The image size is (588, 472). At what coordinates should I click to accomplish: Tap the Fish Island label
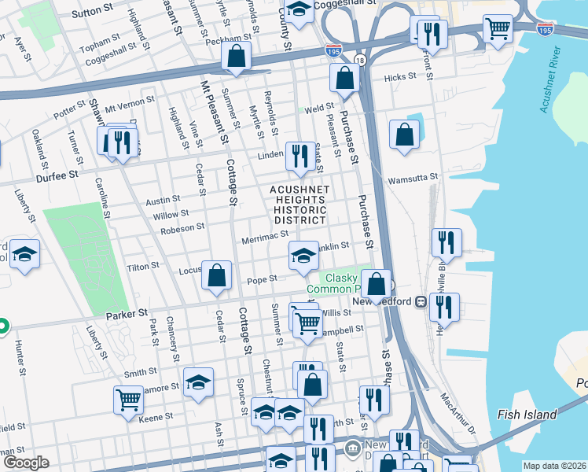pyautogui.click(x=527, y=415)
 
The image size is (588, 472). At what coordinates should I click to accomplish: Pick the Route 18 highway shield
pyautogui.click(x=359, y=61)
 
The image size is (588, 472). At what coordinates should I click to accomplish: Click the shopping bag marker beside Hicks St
pyautogui.click(x=344, y=78)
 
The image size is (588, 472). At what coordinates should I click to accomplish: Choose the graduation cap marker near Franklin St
pyautogui.click(x=303, y=255)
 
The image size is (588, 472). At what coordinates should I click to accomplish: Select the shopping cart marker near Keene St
pyautogui.click(x=128, y=398)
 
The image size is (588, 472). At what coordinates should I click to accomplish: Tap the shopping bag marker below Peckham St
pyautogui.click(x=236, y=56)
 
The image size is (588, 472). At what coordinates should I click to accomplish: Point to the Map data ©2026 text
pyautogui.click(x=554, y=466)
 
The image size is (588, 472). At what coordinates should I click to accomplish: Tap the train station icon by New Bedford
pyautogui.click(x=421, y=301)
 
